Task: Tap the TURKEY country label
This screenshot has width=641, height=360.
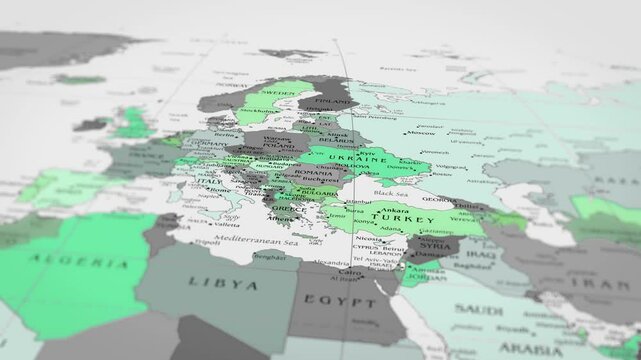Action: (x=390, y=216)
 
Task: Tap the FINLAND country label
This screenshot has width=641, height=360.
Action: (x=331, y=100)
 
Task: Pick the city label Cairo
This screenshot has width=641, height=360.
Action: (x=348, y=272)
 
